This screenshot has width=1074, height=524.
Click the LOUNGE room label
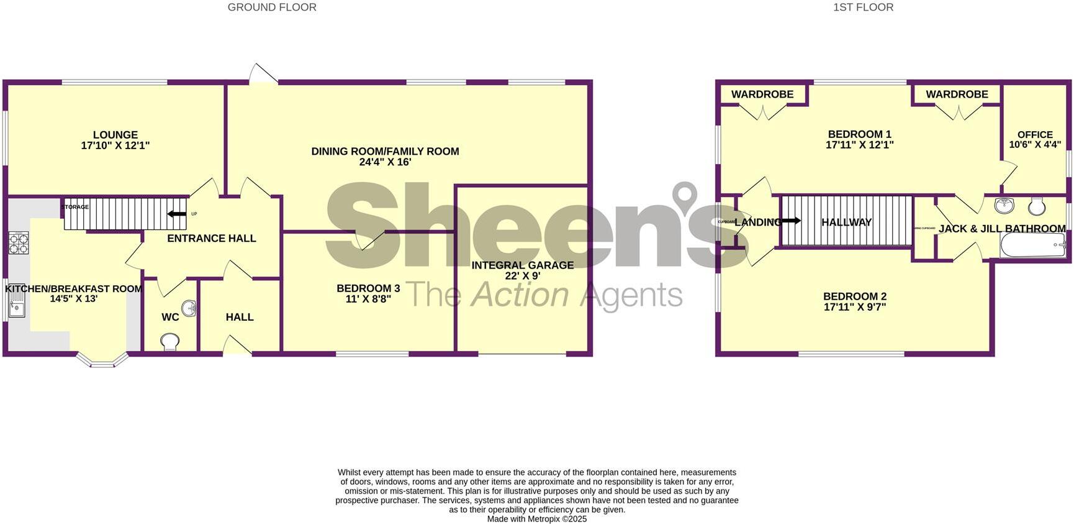click(115, 135)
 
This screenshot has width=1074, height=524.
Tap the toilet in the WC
click(169, 341)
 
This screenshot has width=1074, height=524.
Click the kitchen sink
click(16, 306)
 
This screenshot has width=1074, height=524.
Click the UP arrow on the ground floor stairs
click(177, 214)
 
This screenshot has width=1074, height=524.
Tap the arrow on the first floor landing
click(791, 221)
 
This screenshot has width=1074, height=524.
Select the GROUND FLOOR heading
click(272, 7)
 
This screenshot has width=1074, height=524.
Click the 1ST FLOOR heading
click(863, 7)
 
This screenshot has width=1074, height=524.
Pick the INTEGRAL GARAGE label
click(523, 265)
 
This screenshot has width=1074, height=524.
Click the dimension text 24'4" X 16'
click(385, 162)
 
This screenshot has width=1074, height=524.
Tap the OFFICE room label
click(1035, 134)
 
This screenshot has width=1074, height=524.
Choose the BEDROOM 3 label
click(368, 288)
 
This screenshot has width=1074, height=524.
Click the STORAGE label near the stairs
click(75, 207)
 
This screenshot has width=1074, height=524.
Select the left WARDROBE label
click(762, 94)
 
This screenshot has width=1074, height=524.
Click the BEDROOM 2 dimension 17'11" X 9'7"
click(855, 307)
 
